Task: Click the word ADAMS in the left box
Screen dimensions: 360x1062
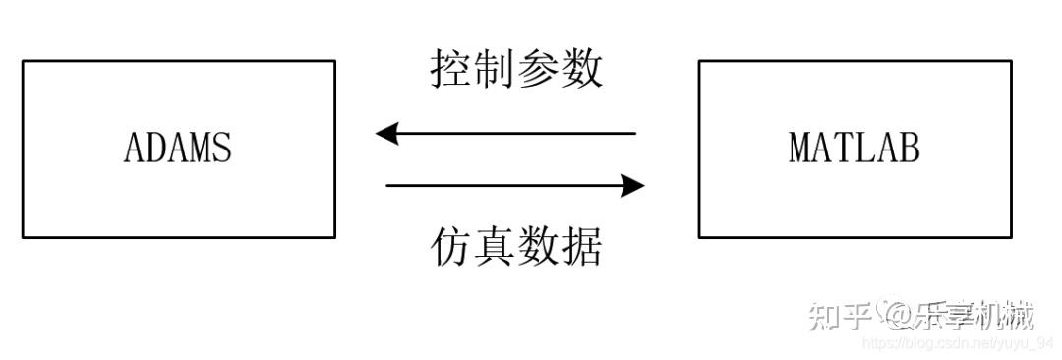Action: tap(178, 148)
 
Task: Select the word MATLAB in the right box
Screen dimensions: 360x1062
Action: tap(855, 148)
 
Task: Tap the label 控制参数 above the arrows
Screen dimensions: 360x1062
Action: tap(516, 70)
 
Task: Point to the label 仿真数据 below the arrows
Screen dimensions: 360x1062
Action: tap(516, 246)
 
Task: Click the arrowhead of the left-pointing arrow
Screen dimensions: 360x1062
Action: tap(386, 132)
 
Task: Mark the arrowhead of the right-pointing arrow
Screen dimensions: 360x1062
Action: tap(633, 184)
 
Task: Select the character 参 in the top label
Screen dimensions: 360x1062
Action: tap(538, 70)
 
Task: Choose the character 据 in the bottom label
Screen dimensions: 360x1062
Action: tap(581, 246)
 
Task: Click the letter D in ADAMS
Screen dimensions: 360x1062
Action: tap(156, 148)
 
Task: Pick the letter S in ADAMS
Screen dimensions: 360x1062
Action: tap(222, 148)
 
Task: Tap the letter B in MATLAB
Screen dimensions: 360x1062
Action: tap(910, 148)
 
